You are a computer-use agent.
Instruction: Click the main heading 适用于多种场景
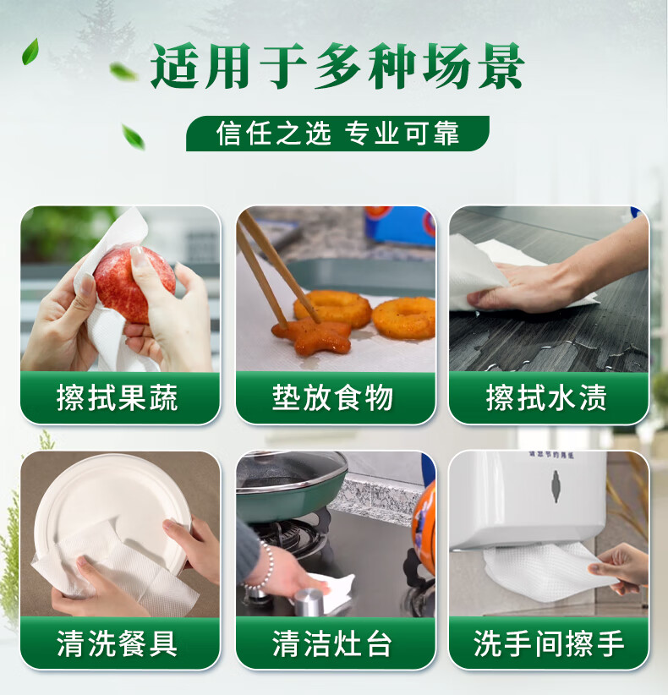[337, 68]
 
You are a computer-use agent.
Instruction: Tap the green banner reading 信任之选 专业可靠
[337, 134]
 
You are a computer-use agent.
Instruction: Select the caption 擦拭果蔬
[118, 397]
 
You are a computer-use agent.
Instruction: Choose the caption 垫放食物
[333, 397]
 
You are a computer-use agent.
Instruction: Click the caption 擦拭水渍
[547, 397]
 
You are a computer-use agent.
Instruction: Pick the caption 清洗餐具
[118, 643]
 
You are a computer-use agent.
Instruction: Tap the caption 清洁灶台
[333, 643]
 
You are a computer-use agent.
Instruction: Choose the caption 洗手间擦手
[549, 643]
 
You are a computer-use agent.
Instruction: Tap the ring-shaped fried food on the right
[404, 317]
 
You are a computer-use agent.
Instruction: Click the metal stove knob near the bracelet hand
[305, 601]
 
